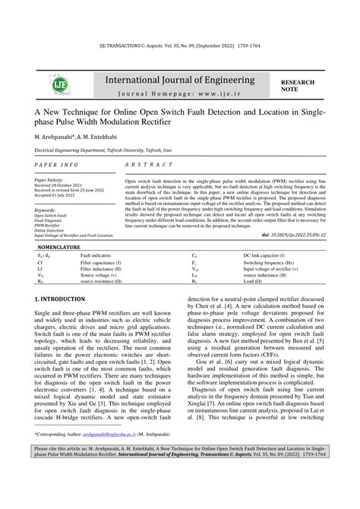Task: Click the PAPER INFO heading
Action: [55, 164]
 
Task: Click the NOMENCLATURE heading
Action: [64, 248]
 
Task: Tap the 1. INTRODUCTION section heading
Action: [65, 302]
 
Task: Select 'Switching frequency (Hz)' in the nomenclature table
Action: [266, 262]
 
